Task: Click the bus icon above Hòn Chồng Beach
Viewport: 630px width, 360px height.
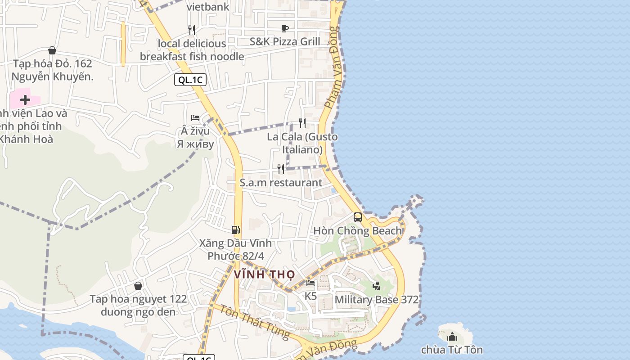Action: coord(358,217)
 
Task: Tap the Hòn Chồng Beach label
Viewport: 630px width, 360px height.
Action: coord(357,231)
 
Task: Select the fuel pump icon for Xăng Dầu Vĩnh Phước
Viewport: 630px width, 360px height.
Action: coord(235,230)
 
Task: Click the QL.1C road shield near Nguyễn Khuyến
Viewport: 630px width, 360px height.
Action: coord(190,80)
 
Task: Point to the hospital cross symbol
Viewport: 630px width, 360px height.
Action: coord(25,99)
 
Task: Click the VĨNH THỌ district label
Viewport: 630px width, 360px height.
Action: coord(265,274)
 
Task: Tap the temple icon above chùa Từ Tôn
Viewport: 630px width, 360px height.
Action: coord(452,337)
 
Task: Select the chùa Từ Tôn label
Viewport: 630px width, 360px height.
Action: coord(452,350)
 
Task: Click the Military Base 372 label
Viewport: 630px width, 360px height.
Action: coord(377,300)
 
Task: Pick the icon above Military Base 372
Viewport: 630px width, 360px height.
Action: coord(377,286)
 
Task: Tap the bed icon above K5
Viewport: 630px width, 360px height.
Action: coord(310,283)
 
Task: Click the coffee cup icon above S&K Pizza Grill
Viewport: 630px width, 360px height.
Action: coord(285,29)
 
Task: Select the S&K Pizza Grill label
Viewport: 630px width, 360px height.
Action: coord(285,42)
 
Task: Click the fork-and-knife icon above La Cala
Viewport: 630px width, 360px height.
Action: coord(302,123)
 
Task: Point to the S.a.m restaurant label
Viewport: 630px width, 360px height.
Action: coord(281,183)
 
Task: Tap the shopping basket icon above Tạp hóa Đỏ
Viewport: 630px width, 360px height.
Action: coord(52,50)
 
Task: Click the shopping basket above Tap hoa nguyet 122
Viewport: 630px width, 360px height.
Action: coord(138,286)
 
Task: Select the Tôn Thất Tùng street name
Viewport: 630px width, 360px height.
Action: coord(255,322)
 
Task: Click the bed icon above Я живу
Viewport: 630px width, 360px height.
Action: coord(195,118)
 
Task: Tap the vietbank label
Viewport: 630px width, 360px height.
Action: coord(208,7)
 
